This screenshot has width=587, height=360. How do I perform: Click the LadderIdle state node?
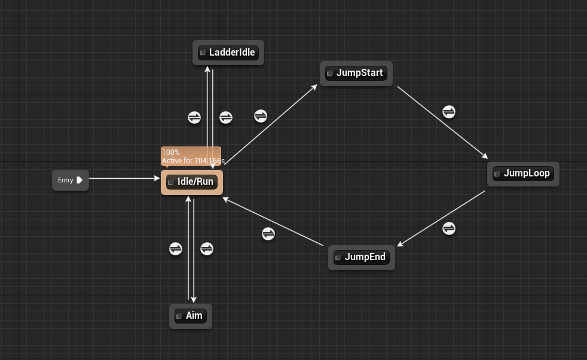(228, 53)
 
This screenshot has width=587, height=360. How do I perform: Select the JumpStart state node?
(356, 73)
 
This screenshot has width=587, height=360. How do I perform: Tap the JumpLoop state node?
(523, 173)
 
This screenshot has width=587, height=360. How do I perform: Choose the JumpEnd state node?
(362, 257)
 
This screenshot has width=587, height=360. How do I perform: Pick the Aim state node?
(191, 315)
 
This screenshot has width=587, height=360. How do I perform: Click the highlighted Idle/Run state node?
(192, 182)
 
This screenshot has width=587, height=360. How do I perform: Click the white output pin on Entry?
(80, 180)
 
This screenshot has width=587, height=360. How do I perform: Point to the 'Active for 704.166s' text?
(193, 161)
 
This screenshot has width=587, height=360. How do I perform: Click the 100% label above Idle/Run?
(171, 152)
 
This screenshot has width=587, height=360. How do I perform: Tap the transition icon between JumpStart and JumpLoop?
(449, 112)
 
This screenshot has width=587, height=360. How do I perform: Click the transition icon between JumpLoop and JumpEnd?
(449, 228)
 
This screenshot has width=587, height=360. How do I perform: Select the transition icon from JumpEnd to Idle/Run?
(268, 234)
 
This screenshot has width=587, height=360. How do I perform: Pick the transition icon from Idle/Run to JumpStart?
(261, 116)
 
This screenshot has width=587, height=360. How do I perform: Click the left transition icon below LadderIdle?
(194, 117)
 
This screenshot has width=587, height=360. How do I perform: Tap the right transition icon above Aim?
(207, 248)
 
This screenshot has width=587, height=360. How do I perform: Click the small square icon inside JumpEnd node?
(338, 258)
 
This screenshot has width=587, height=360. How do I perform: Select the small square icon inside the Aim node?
(179, 316)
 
